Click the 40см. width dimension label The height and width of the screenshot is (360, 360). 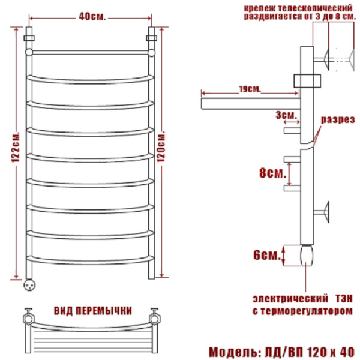coord(92,17)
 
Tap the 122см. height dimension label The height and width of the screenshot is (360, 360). coord(16,147)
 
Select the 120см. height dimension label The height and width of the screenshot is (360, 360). coord(161,147)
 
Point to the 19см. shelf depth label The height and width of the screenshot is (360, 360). coord(250,89)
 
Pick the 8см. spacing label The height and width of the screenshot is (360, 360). coord(272,173)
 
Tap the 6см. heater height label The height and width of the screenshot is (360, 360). coord(267,255)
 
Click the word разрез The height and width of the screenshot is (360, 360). coord(338,120)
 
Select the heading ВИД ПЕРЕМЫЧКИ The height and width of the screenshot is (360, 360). coord(93,311)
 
